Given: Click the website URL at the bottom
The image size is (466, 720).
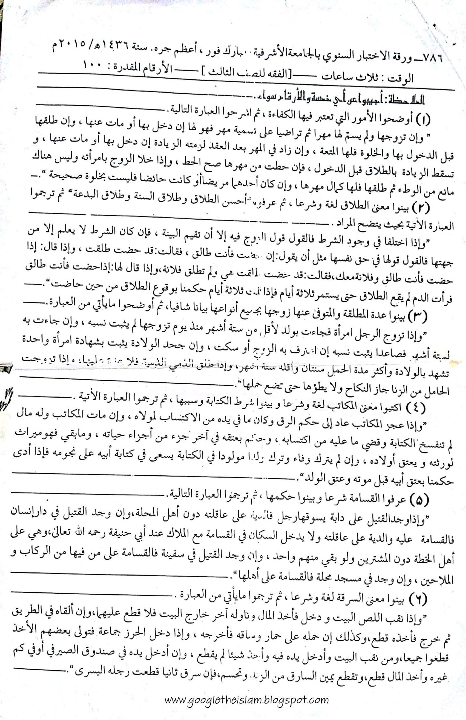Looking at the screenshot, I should [247, 699].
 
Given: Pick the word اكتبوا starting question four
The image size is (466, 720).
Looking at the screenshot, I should [390, 407].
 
